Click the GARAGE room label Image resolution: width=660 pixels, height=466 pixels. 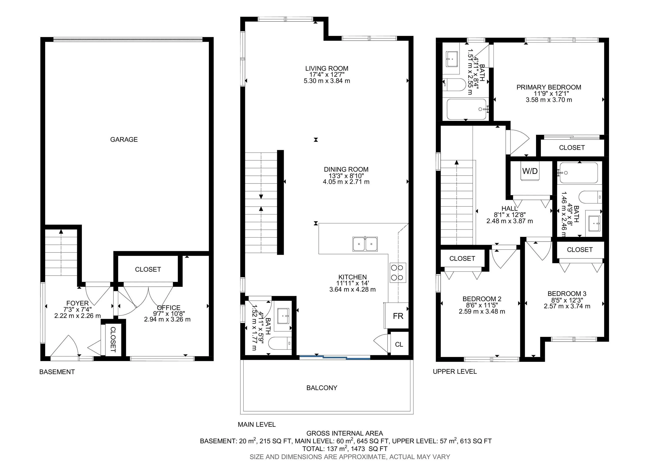124,140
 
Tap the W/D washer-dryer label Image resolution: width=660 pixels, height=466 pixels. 530,171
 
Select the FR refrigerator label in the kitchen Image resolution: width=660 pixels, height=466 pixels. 398,316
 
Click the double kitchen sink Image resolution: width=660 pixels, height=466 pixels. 365,244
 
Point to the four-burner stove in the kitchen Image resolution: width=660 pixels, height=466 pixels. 398,273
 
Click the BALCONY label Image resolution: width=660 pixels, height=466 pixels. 322,388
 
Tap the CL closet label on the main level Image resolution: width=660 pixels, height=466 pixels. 399,344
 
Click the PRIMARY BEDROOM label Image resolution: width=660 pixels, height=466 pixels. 549,87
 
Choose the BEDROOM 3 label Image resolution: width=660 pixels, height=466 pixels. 567,294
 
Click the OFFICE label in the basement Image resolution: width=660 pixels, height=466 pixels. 169,308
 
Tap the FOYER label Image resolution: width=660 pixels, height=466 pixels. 78,303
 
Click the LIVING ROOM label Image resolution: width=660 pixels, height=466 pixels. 327,68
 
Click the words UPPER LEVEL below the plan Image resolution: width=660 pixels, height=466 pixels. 455,372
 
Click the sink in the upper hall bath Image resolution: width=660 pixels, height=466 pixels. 594,223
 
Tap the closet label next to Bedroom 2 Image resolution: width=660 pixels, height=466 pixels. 462,259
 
